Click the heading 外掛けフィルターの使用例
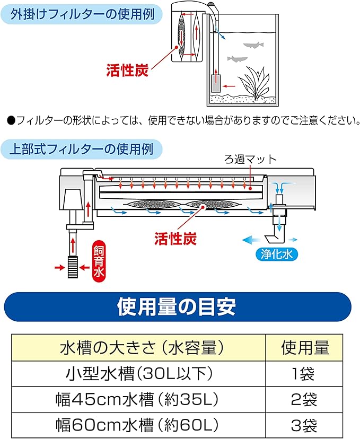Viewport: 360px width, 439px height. pyautogui.click(x=83, y=14)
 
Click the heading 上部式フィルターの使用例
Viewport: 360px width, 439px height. pyautogui.click(x=82, y=149)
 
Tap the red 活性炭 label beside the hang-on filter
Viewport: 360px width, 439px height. pyautogui.click(x=127, y=69)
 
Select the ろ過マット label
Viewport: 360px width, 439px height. pyautogui.click(x=250, y=160)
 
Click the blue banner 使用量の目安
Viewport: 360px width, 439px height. pyautogui.click(x=177, y=306)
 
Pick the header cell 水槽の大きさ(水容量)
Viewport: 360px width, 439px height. pyautogui.click(x=141, y=347)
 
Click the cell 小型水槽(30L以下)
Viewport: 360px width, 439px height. pyautogui.click(x=141, y=374)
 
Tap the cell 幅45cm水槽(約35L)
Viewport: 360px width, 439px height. pyautogui.click(x=141, y=399)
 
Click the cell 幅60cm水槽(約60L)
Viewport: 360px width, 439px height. pyautogui.click(x=141, y=425)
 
